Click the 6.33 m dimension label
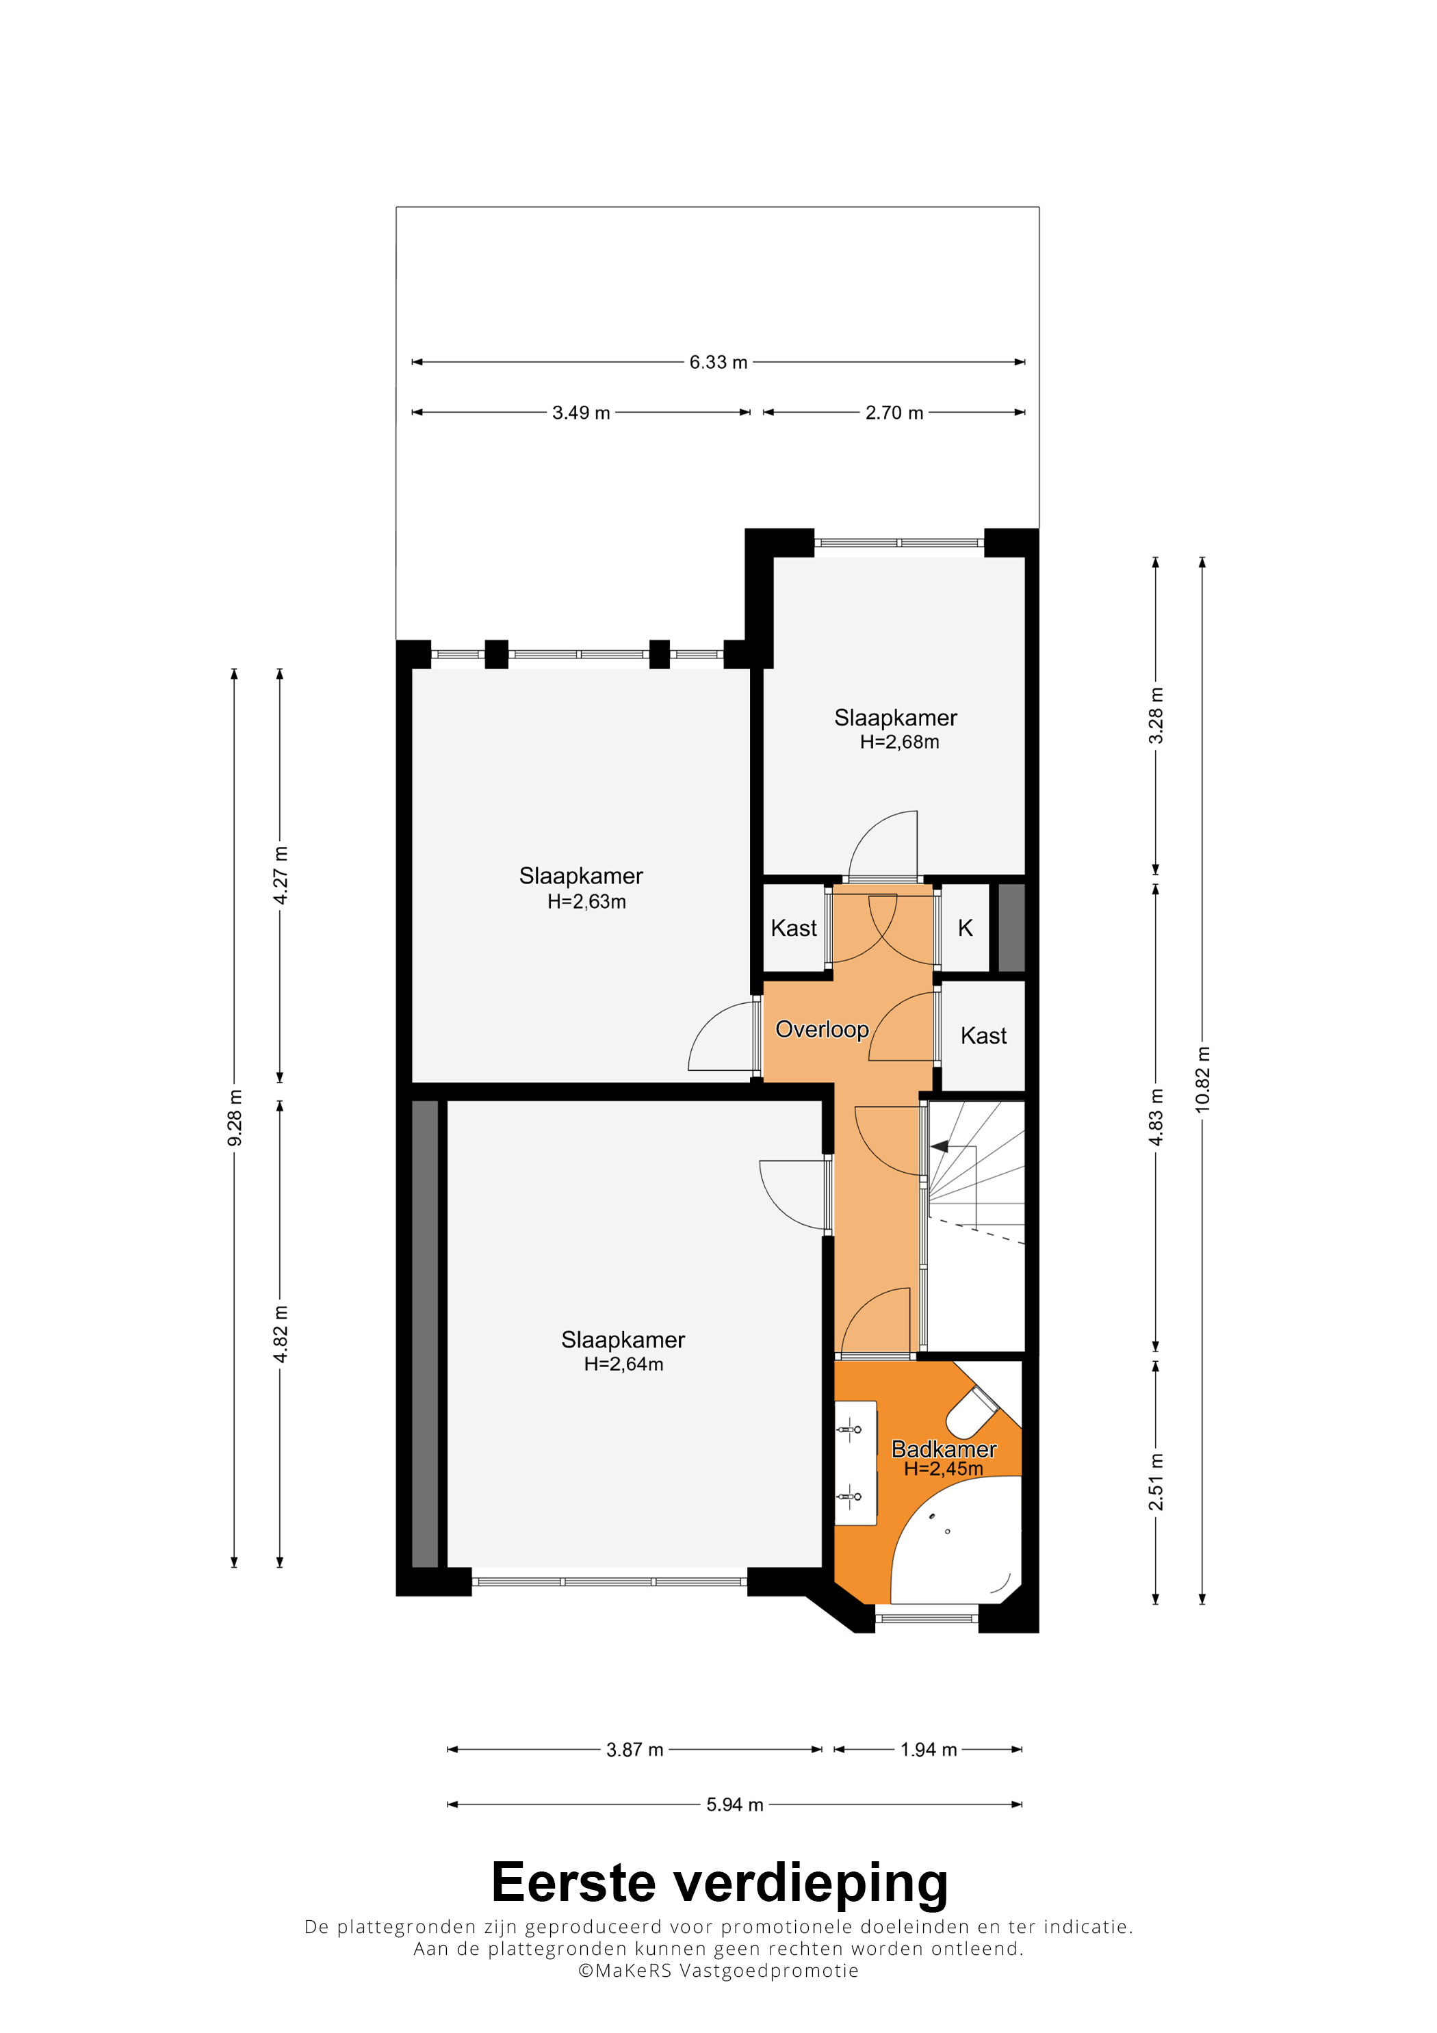[718, 362]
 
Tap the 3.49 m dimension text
[581, 413]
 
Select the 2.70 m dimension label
[894, 413]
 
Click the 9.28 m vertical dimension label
[235, 1117]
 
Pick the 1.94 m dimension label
[929, 1750]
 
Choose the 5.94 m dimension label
[734, 1804]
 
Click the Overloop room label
[822, 1029]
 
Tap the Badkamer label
[944, 1449]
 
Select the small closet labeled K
[965, 928]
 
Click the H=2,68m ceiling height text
[900, 742]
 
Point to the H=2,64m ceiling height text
[623, 1364]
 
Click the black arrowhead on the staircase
[940, 1147]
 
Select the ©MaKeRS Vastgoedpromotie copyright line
[718, 1971]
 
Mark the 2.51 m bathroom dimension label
[1156, 1482]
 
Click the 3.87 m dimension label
[635, 1750]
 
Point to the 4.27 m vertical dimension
[280, 876]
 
